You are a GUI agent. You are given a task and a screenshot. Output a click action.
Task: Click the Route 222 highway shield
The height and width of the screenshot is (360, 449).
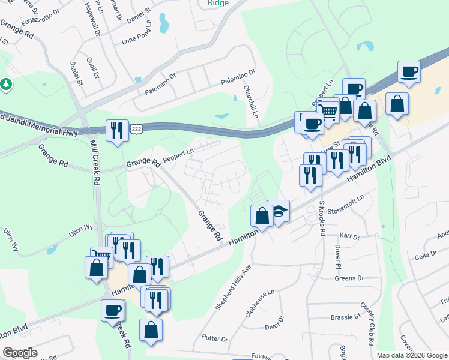click(137, 130)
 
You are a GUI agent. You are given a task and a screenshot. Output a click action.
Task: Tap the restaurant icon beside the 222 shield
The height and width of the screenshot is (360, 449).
click(116, 131)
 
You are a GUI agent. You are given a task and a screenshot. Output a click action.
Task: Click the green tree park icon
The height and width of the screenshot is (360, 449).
click(7, 85)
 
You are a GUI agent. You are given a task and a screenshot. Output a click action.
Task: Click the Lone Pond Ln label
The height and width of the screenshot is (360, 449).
click(138, 40)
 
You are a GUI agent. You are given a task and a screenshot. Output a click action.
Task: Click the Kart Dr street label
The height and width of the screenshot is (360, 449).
click(349, 237)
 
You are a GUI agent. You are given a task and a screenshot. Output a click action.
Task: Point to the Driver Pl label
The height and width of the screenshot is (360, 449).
click(338, 257)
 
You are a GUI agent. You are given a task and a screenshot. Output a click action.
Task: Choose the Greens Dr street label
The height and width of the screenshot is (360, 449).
click(349, 278)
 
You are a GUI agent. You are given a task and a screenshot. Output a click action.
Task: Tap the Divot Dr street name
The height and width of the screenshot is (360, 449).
click(274, 323)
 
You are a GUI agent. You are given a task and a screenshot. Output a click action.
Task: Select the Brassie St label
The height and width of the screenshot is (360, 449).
click(345, 316)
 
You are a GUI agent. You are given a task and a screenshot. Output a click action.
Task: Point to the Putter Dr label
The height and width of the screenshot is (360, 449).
click(215, 339)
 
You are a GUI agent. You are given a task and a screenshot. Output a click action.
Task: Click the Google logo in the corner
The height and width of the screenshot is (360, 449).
click(20, 353)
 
